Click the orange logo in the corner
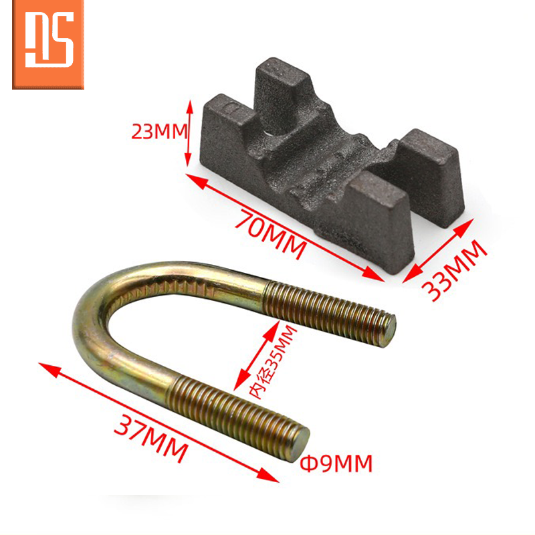click(x=48, y=44)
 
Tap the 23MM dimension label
click(x=159, y=131)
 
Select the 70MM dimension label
click(x=270, y=234)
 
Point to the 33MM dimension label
click(x=454, y=271)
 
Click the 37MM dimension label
click(x=151, y=438)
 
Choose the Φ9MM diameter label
click(x=336, y=463)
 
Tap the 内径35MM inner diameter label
click(x=272, y=362)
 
